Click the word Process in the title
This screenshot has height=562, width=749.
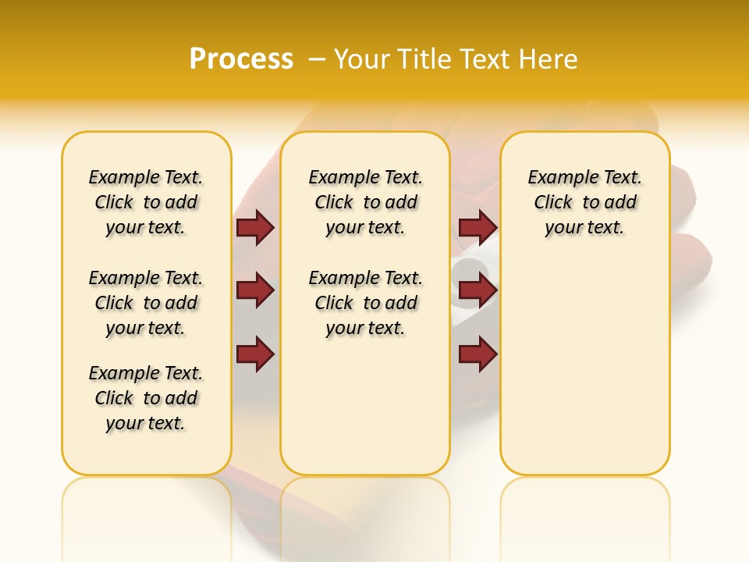tap(241, 59)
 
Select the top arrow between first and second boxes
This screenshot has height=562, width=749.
tap(255, 228)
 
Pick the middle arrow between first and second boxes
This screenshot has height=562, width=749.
tap(255, 291)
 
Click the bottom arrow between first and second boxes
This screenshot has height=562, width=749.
tap(255, 354)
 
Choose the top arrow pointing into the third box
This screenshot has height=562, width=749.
tap(477, 228)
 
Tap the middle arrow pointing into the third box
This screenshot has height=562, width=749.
tap(477, 291)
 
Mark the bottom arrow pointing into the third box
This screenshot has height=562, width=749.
tap(477, 354)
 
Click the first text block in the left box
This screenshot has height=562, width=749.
tap(146, 202)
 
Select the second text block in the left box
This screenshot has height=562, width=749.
tap(146, 303)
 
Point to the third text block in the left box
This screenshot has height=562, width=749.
tap(146, 398)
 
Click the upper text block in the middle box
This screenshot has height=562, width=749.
tap(366, 202)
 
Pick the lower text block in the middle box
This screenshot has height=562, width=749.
tap(366, 303)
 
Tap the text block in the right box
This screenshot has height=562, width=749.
tap(585, 202)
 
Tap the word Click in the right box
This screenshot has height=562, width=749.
tap(553, 203)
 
